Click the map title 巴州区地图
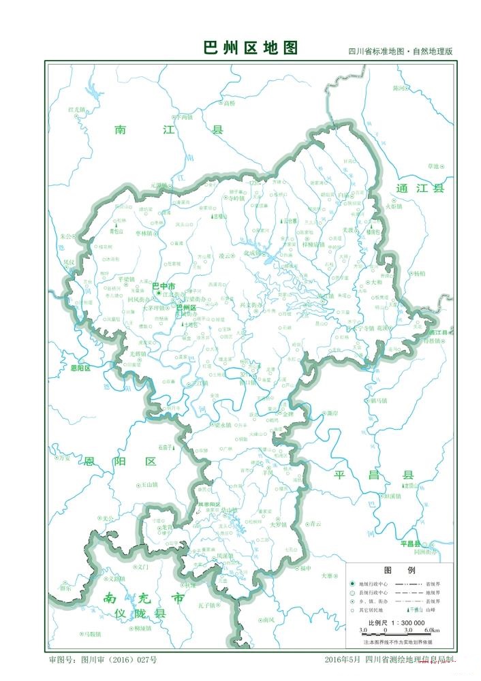click(251, 48)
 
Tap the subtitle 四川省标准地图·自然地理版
click(401, 52)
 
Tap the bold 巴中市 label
click(163, 286)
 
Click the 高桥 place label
click(229, 104)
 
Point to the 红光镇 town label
click(77, 109)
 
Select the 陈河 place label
click(399, 88)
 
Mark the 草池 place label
click(434, 165)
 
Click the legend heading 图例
click(396, 569)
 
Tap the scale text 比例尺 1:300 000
click(397, 622)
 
